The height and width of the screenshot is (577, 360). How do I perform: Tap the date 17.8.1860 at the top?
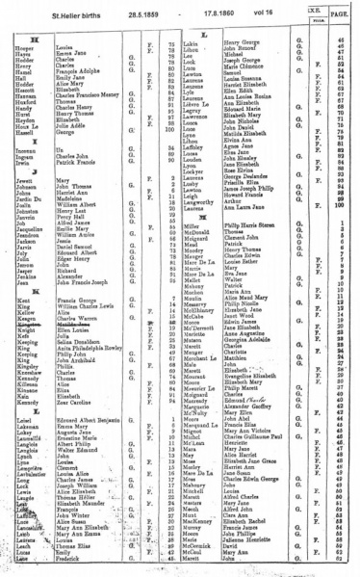point(219,10)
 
